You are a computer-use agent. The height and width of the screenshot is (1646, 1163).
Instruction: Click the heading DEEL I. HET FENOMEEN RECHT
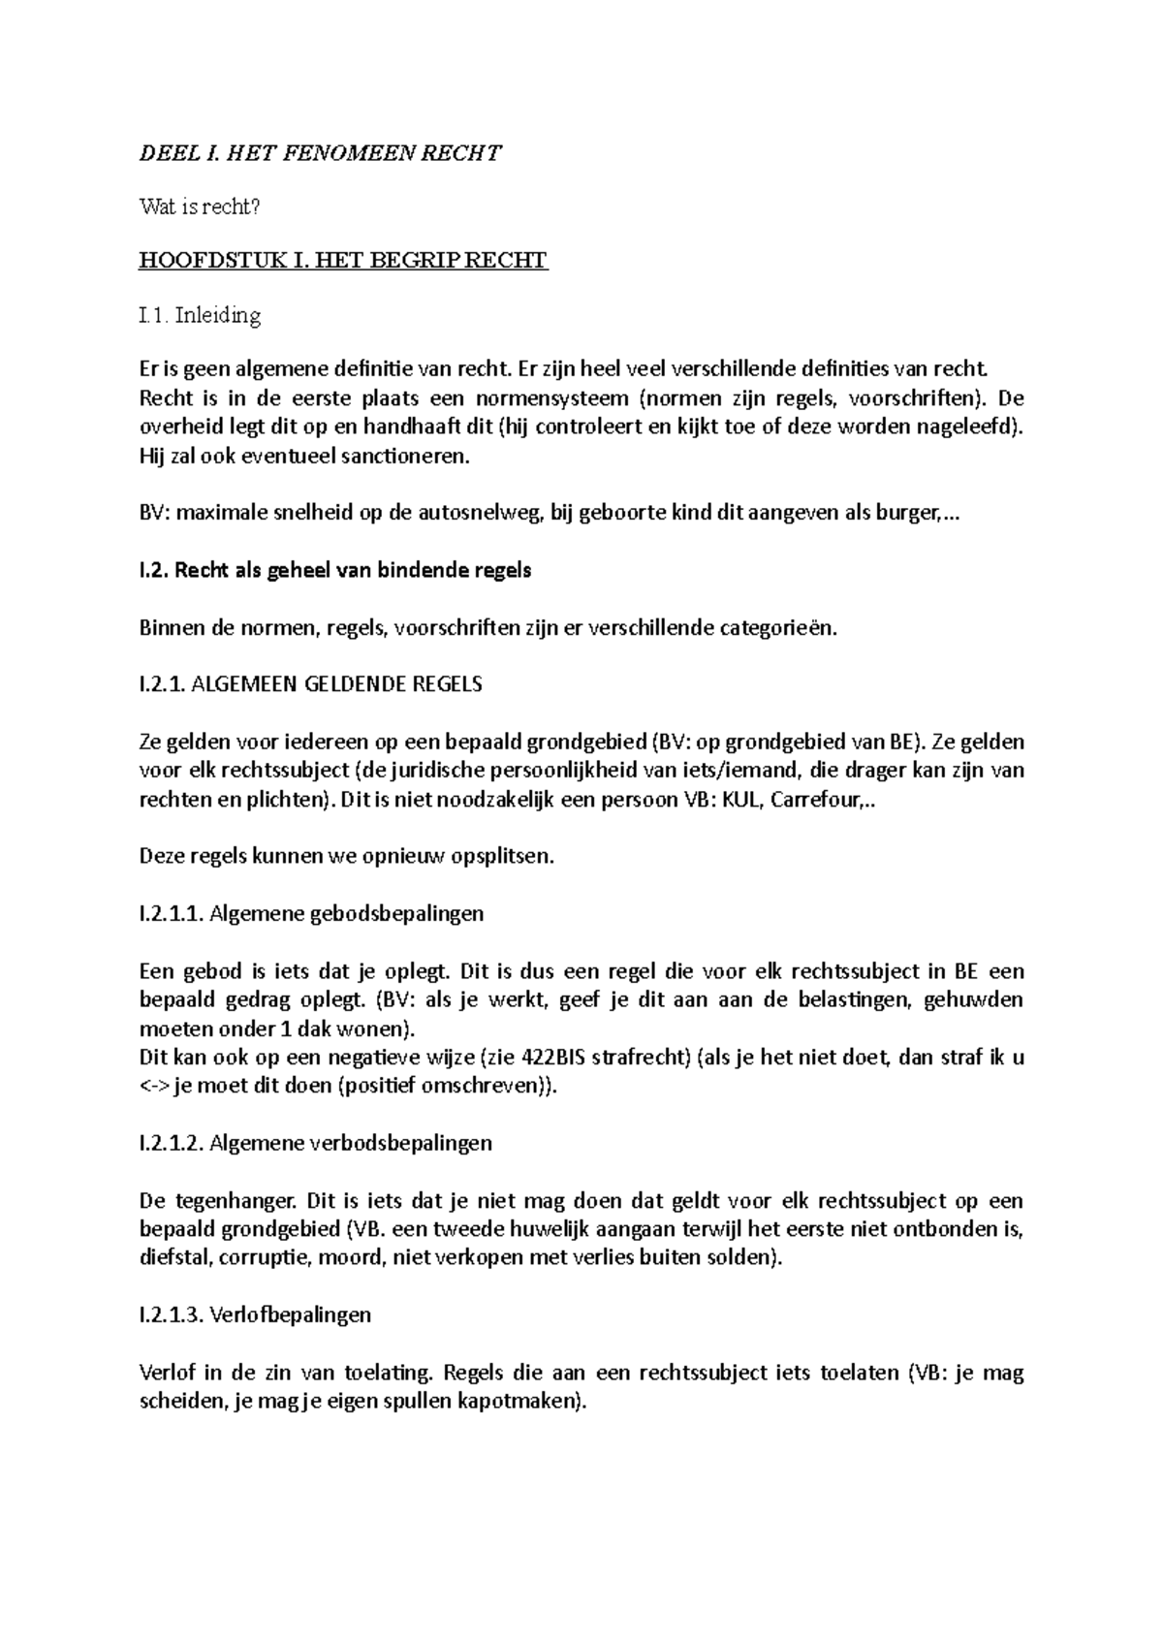[x=321, y=152]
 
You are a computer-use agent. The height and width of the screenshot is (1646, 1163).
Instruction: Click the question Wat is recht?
[x=201, y=206]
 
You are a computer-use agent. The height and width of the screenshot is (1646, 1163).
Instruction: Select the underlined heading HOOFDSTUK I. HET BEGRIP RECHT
[x=344, y=261]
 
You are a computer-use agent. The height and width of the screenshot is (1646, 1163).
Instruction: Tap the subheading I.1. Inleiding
[x=201, y=315]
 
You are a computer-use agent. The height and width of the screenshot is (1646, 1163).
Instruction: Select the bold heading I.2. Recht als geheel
[x=335, y=570]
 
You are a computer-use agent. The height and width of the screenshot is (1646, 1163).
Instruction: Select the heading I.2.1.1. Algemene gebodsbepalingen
[x=311, y=914]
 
